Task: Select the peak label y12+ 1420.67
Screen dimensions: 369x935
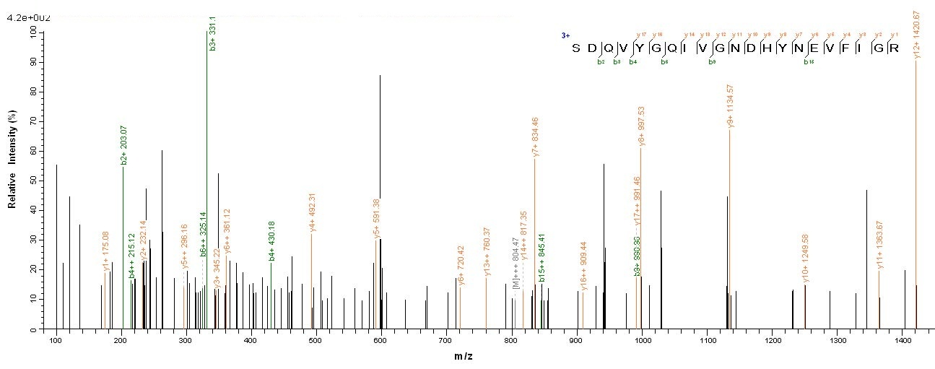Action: pos(916,34)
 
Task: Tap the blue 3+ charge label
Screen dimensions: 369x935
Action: pos(565,35)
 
